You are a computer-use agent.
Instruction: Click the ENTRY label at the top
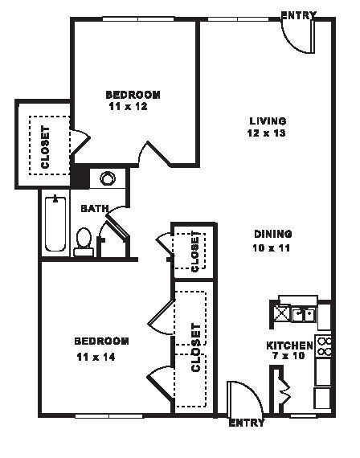298,14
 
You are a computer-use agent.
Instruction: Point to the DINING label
272,235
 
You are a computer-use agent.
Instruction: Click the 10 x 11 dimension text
272,247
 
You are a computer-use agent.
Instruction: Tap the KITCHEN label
289,346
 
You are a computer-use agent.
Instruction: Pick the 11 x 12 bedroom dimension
127,106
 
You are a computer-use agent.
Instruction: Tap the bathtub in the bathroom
55,222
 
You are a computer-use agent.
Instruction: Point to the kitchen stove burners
325,346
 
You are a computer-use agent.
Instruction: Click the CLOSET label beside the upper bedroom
45,147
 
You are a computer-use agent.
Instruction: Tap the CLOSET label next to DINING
195,250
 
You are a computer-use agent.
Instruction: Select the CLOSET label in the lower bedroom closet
195,347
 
